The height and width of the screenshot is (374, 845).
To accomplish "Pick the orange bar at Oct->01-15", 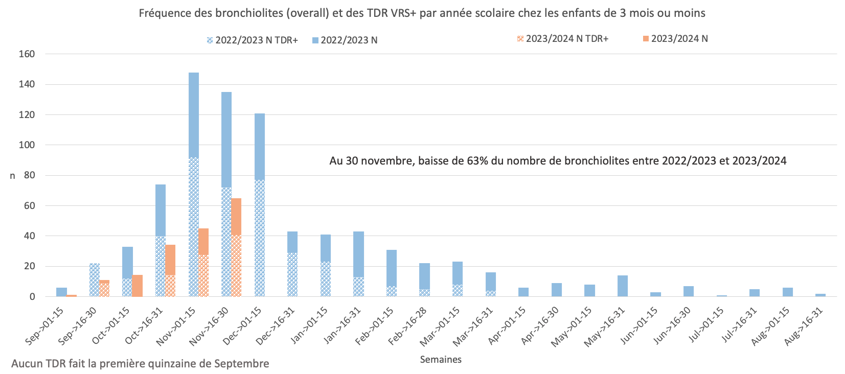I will [x=137, y=286].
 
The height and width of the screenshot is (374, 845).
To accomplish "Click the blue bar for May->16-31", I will [x=622, y=286].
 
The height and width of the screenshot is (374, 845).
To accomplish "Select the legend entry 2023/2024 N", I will [x=675, y=39].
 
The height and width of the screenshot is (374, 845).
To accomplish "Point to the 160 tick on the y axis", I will [x=27, y=54].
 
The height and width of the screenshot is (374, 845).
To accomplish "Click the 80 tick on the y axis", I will [x=29, y=175].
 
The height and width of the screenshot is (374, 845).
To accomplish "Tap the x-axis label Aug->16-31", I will [x=804, y=326].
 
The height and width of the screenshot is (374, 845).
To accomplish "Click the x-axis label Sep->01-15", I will [x=44, y=326].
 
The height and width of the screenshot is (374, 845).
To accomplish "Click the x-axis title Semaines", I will [x=440, y=360].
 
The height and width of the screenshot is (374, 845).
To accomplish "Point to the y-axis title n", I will [x=13, y=176].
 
